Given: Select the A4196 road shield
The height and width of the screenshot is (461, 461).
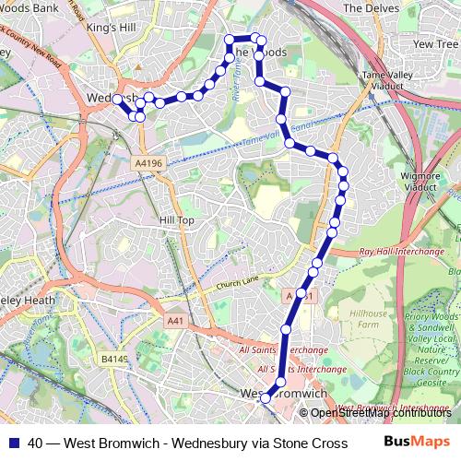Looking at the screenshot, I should coord(148,163).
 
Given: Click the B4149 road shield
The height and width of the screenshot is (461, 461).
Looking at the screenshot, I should coord(115,358).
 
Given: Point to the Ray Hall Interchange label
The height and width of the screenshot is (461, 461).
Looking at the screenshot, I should coord(397,251).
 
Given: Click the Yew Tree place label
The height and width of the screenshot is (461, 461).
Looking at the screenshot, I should coord(436,44).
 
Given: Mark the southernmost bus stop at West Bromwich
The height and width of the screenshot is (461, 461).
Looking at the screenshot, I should coord(266,399).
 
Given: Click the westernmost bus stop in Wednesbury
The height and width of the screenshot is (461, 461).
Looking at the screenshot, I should coord(118,99).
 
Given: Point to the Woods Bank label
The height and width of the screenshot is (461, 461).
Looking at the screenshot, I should coord(28,7).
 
